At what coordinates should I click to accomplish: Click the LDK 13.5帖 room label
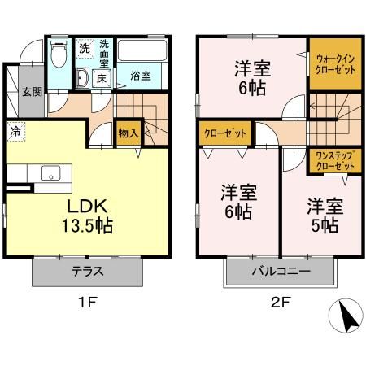tap(84, 214)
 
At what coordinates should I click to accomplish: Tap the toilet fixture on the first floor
tap(57, 56)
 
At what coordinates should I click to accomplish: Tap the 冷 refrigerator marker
tap(15, 129)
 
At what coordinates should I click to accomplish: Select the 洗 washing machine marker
tap(85, 49)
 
